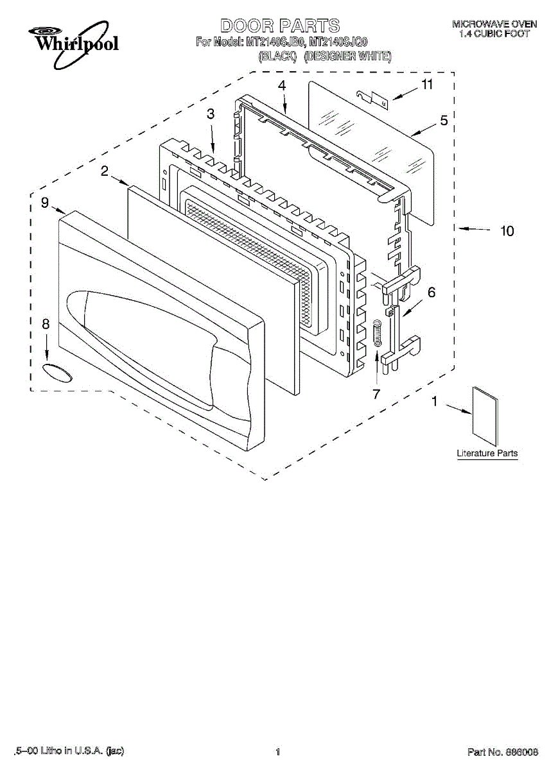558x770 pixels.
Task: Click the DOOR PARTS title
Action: click(x=279, y=26)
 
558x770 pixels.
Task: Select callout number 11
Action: click(x=426, y=84)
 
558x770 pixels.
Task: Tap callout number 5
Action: click(x=444, y=120)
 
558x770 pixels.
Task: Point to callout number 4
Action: click(x=282, y=85)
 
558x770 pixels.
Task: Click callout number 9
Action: click(x=44, y=203)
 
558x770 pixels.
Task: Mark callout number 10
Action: click(x=507, y=230)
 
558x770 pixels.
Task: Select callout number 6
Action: click(x=432, y=293)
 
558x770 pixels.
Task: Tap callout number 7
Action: click(x=376, y=394)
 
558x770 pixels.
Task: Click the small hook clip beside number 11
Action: click(x=373, y=98)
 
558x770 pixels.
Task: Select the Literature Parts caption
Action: click(x=487, y=454)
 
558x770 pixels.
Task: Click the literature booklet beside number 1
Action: click(x=485, y=416)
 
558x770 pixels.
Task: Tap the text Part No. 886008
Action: click(x=502, y=751)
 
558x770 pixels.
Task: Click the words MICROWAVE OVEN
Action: click(x=494, y=24)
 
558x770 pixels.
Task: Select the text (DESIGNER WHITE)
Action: click(x=347, y=57)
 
